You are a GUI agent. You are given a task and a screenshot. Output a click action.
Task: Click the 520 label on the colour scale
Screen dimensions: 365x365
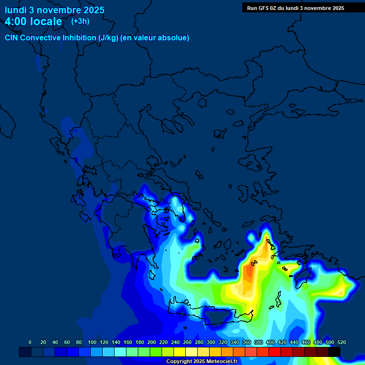341,342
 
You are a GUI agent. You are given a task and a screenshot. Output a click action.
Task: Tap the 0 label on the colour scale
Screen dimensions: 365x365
30,342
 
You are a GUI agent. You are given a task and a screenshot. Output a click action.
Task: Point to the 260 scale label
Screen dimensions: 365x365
187,342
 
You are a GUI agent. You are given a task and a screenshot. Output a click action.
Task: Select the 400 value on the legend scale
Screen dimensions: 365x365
270,342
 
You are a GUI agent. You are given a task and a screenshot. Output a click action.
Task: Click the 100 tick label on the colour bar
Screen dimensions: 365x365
92,342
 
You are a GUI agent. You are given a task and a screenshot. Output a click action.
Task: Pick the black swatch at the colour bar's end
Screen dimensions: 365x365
334,352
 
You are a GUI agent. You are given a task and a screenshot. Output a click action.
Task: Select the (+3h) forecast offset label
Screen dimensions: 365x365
80,21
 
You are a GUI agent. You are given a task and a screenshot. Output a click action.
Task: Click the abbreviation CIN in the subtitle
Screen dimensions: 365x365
12,38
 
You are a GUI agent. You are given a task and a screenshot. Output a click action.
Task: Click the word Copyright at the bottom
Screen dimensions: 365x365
180,362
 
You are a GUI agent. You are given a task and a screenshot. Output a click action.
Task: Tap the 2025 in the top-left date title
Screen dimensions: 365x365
94,10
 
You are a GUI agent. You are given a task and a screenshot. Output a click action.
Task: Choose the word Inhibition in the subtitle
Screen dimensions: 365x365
79,38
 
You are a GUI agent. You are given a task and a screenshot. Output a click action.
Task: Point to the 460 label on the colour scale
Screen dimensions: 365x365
306,342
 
